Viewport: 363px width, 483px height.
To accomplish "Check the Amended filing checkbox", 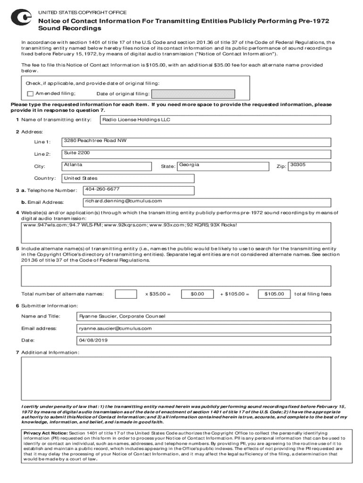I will coord(30,93).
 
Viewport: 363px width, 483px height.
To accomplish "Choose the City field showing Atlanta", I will coord(107,166).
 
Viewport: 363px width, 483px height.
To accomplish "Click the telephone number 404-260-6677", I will coord(139,190).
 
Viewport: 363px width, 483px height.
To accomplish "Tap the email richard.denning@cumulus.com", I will coord(139,202).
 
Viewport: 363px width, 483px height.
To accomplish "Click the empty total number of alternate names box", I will coord(126,294).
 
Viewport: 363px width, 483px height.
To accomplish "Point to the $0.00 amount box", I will coord(197,294).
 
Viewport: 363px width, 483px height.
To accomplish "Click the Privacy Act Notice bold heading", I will coord(45,433).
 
